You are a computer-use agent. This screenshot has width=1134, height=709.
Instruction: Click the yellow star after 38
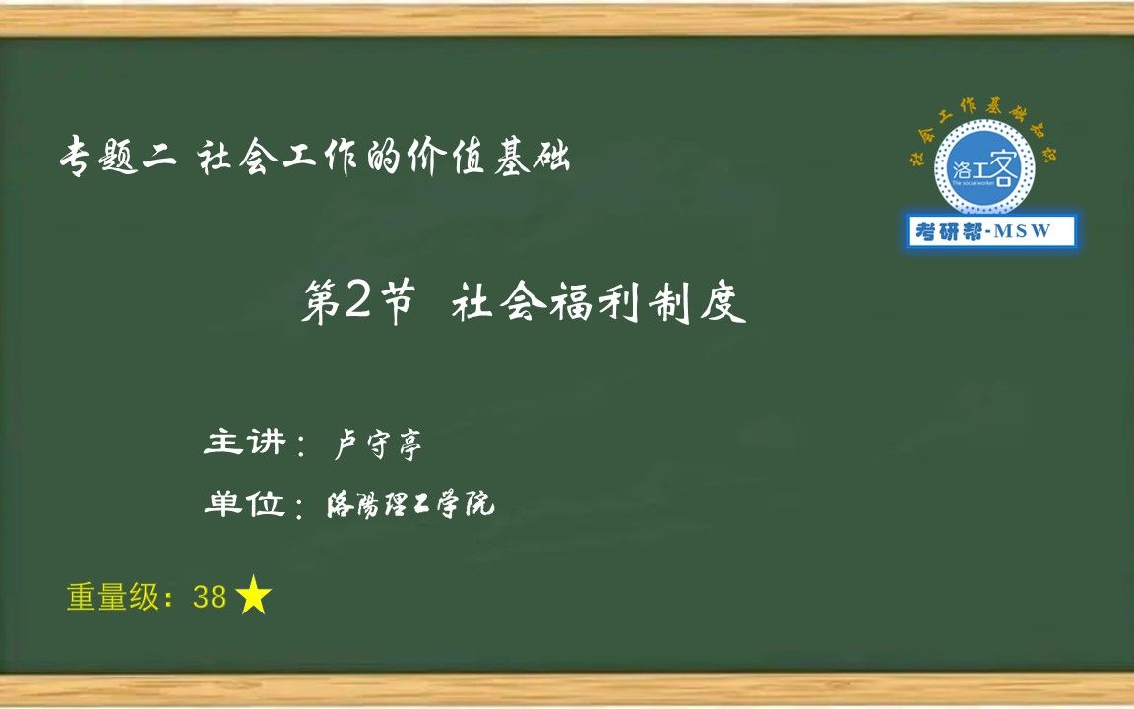click(x=254, y=597)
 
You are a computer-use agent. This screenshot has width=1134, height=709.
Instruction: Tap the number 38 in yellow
click(x=211, y=598)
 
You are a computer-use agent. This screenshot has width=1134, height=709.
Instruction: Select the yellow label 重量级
click(x=112, y=598)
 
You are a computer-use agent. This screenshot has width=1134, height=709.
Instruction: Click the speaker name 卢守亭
click(x=379, y=446)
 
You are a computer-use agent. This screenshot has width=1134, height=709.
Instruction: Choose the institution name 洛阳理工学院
click(x=409, y=506)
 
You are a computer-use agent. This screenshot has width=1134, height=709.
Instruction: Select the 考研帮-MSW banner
click(x=990, y=231)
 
